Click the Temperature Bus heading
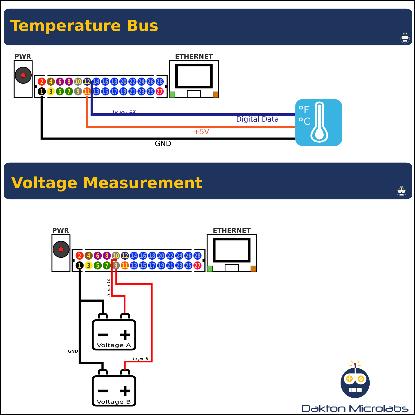coord(84,26)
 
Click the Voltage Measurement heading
coord(107,183)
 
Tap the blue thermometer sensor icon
coord(319,122)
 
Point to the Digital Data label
coord(257,119)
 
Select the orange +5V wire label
coord(201,132)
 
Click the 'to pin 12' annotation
coord(124,112)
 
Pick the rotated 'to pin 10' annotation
coord(109,287)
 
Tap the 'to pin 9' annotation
coord(141,358)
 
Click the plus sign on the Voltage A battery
coord(125,335)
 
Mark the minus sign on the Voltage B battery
coord(103,391)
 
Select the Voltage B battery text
coord(114,402)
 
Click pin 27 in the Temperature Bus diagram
coord(160,92)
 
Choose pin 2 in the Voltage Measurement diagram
coord(80,256)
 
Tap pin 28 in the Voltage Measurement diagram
coord(197,256)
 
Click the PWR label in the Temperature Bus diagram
coord(23,57)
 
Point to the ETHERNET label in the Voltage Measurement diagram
coord(232,231)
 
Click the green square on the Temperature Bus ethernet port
coord(172,95)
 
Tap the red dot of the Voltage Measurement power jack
coord(61,249)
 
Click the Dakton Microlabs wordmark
coord(355,409)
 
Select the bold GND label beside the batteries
coord(73,351)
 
